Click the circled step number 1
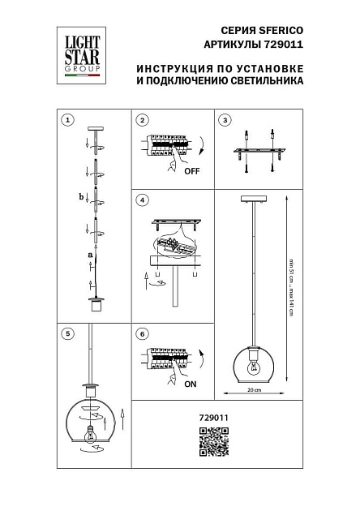67,120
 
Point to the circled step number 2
142,120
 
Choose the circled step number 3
225,120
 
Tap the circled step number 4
142,199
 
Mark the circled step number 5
67,333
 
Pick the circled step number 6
142,333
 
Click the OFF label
191,172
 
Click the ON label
191,386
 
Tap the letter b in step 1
80,196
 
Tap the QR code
212,444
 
